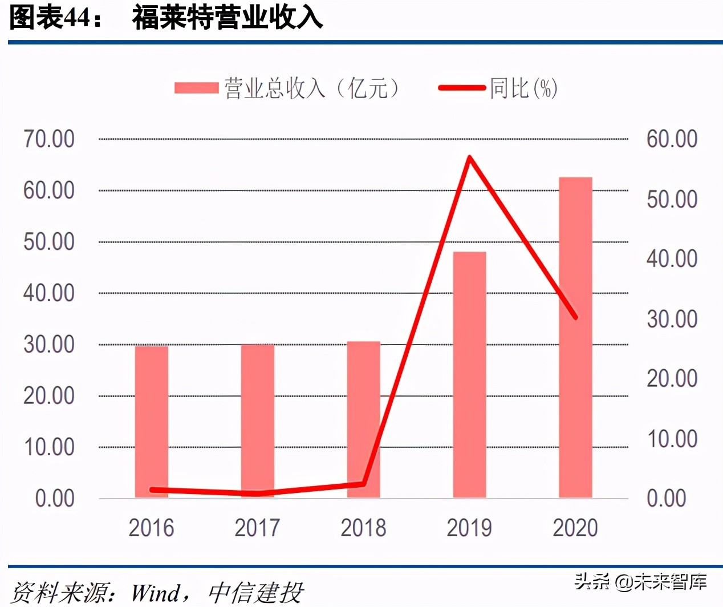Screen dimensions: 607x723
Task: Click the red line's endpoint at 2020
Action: (x=575, y=317)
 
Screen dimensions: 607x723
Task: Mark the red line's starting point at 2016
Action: (x=152, y=489)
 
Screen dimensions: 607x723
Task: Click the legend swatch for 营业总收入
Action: (x=196, y=88)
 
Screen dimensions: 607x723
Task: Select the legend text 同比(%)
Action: (x=523, y=88)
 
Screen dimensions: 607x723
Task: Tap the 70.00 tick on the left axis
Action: (x=49, y=139)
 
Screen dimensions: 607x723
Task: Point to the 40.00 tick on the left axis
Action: (x=49, y=293)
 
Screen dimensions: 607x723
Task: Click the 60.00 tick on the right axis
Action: (x=672, y=139)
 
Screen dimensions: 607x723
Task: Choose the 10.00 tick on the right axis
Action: (x=672, y=439)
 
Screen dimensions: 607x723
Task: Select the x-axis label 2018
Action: (x=363, y=528)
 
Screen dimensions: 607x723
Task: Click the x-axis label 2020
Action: (x=575, y=528)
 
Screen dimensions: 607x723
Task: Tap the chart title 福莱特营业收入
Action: (x=228, y=17)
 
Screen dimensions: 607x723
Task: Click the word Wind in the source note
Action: (x=156, y=593)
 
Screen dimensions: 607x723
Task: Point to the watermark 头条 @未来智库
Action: (x=640, y=581)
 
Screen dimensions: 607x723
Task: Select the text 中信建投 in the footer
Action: (x=255, y=593)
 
